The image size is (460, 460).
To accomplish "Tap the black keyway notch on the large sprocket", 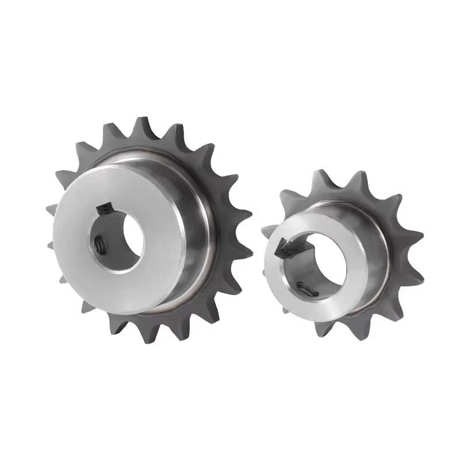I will coord(105,206).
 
